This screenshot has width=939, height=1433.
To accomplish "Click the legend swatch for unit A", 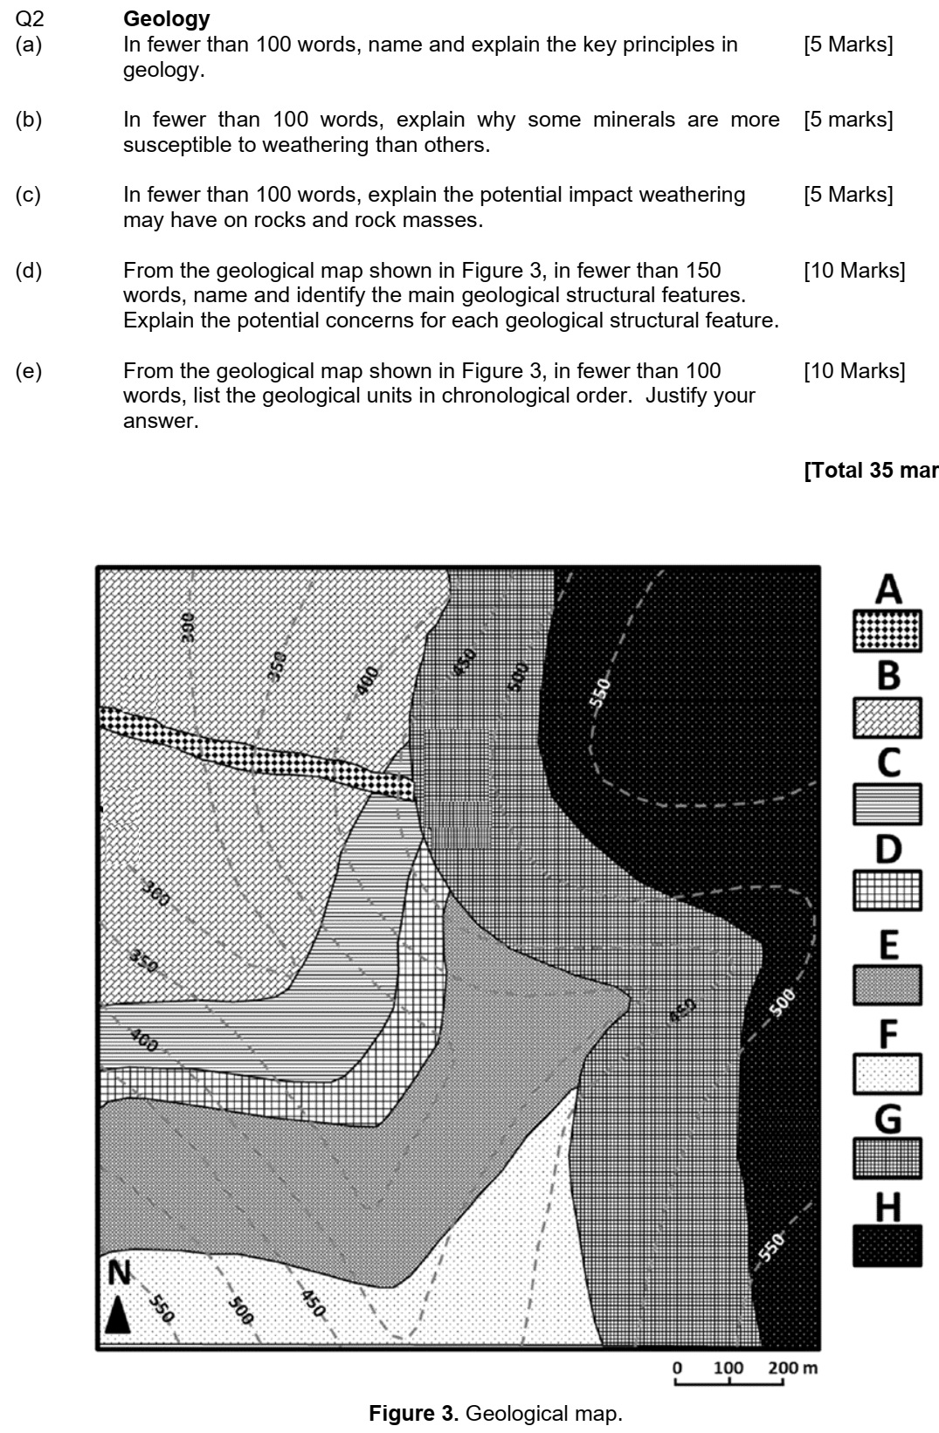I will (887, 630).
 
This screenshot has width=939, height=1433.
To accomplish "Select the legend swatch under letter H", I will (887, 1246).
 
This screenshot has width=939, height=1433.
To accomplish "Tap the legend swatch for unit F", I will (887, 1074).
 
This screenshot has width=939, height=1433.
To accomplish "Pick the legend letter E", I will (888, 945).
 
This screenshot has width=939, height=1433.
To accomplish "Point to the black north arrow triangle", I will (118, 1313).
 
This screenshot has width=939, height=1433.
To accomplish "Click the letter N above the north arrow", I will (119, 1273).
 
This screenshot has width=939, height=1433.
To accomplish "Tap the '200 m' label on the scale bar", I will (792, 1367).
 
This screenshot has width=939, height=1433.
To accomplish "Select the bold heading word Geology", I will (167, 18).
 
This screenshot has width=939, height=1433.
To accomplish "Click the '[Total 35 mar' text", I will (870, 471).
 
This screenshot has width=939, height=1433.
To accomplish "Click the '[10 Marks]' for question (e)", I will (853, 371).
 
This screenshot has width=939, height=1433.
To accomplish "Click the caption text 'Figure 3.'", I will (415, 1413).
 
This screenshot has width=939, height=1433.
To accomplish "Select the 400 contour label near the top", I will (368, 680).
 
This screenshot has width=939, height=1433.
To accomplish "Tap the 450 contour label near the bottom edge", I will (313, 1303).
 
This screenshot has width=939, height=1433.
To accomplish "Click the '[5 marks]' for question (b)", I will (847, 120).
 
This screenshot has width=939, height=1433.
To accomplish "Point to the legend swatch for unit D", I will (887, 892).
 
